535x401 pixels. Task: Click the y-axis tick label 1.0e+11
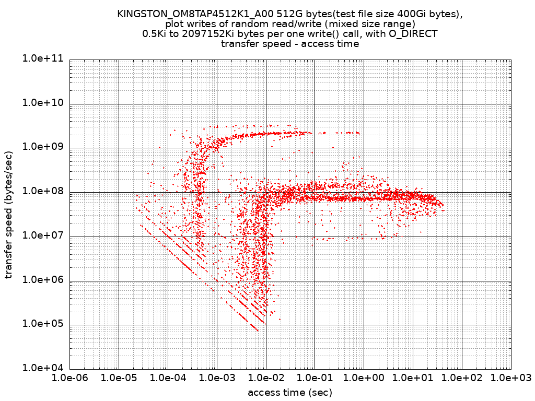click(43, 59)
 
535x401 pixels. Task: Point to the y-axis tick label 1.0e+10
click(43, 103)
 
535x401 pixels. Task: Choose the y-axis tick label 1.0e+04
click(43, 368)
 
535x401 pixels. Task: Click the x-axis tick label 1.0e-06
click(69, 378)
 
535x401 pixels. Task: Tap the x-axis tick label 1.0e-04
click(168, 378)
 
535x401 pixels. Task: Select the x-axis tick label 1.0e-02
click(266, 378)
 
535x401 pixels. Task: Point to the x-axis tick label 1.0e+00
click(364, 378)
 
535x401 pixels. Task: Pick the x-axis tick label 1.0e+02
click(462, 378)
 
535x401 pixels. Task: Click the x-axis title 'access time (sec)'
click(290, 392)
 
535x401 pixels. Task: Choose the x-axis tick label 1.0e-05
click(119, 378)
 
